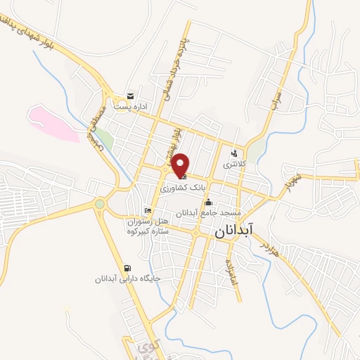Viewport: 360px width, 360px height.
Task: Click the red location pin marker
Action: pos(181,165)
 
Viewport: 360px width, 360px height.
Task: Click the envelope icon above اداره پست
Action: pos(129,96)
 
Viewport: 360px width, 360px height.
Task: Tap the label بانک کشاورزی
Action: pos(182,189)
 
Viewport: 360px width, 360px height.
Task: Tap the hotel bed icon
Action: pos(147,210)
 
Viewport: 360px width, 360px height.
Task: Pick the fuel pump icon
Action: pos(127,267)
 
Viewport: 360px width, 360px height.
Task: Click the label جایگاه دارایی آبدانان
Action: pos(129,278)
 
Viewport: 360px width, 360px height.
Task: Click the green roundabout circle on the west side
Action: pos(100,204)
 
